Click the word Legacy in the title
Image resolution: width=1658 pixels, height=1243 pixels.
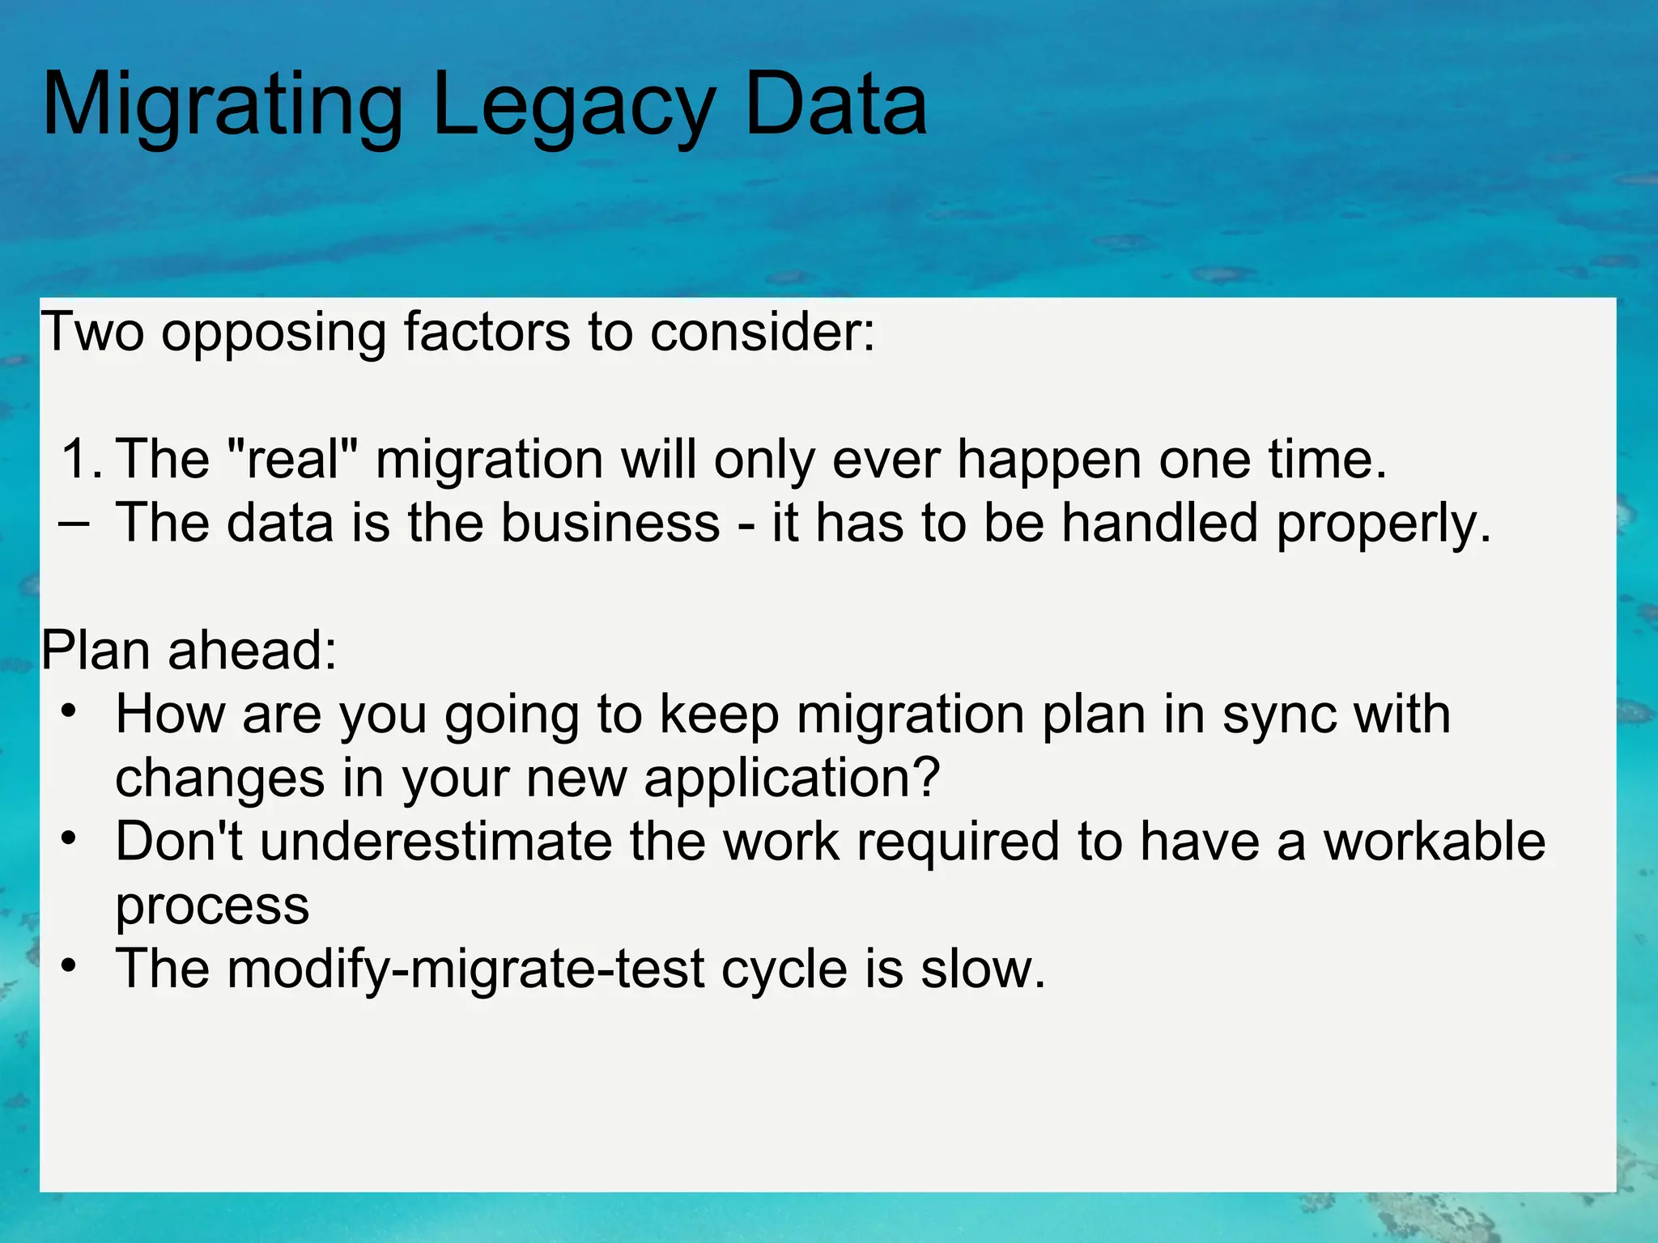click(573, 105)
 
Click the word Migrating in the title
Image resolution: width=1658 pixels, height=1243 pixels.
click(222, 105)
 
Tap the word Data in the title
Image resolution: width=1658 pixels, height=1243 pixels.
click(835, 105)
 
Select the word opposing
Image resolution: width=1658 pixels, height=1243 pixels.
click(274, 333)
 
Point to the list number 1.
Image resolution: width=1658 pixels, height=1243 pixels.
click(79, 460)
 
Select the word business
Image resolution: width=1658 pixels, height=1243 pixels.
click(610, 523)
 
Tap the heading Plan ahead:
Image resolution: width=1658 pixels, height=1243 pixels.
click(189, 651)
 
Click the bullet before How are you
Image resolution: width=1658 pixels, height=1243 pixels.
click(70, 712)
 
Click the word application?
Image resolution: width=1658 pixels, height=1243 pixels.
click(792, 778)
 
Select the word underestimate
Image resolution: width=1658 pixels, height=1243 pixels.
click(436, 842)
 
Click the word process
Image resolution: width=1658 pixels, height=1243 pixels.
click(212, 906)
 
